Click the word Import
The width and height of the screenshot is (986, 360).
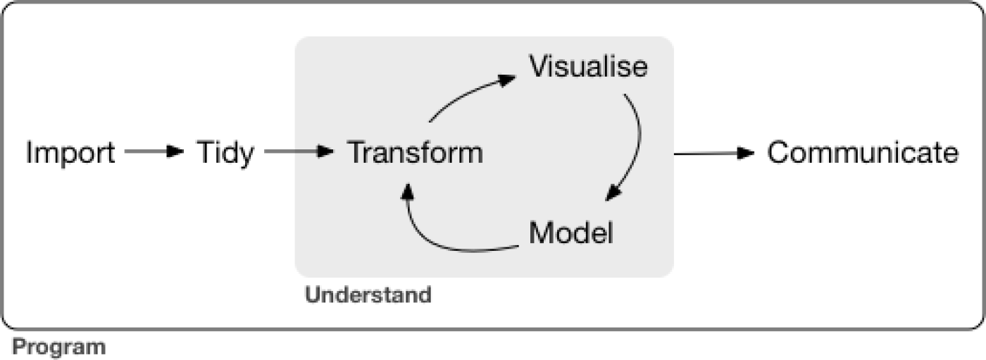pos(70,153)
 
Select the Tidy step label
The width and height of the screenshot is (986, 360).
pos(225,153)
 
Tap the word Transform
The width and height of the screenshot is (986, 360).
pos(416,153)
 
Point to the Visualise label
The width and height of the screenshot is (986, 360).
pos(589,67)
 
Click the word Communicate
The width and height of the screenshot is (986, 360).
pos(862,153)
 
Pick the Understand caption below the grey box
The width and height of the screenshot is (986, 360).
pos(368,294)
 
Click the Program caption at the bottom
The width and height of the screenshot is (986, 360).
pos(59,347)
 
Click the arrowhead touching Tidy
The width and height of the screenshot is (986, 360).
pos(176,151)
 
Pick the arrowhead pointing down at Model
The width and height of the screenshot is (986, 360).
pos(613,193)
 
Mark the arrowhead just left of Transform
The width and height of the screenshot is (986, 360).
pos(325,151)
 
